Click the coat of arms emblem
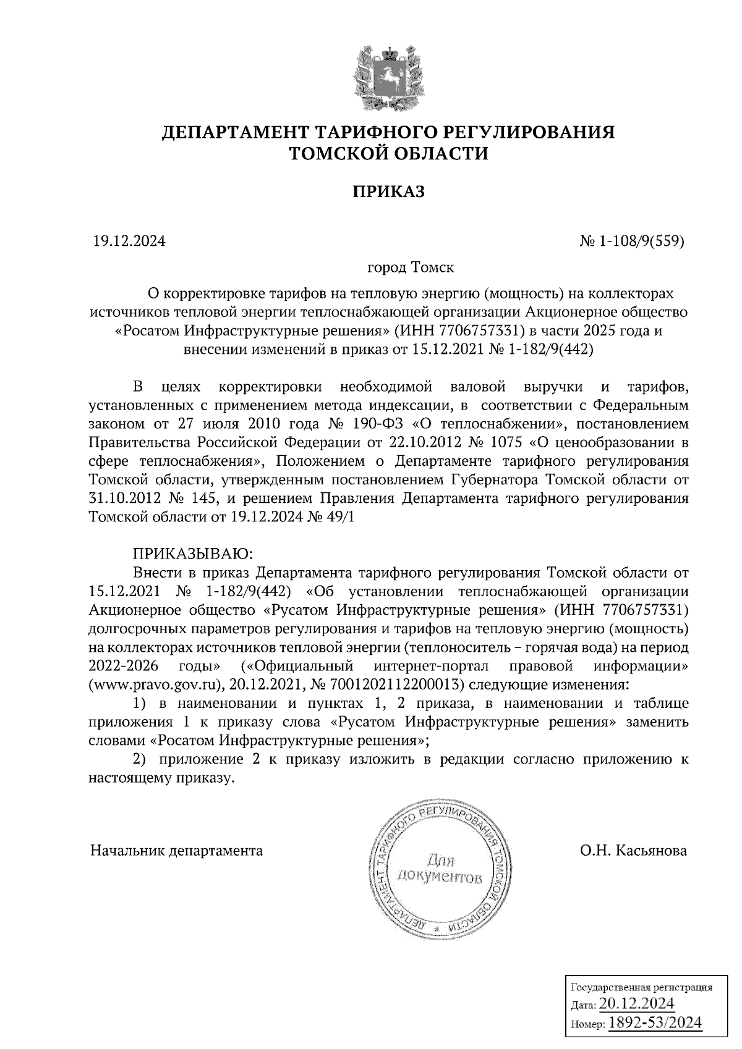(x=388, y=74)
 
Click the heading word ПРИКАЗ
(x=389, y=192)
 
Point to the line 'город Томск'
(x=411, y=268)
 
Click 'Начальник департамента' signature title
(x=176, y=851)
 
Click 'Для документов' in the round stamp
(x=440, y=868)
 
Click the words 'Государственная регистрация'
(x=640, y=987)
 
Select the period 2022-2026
(x=124, y=667)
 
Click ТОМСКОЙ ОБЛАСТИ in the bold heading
(x=389, y=153)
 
